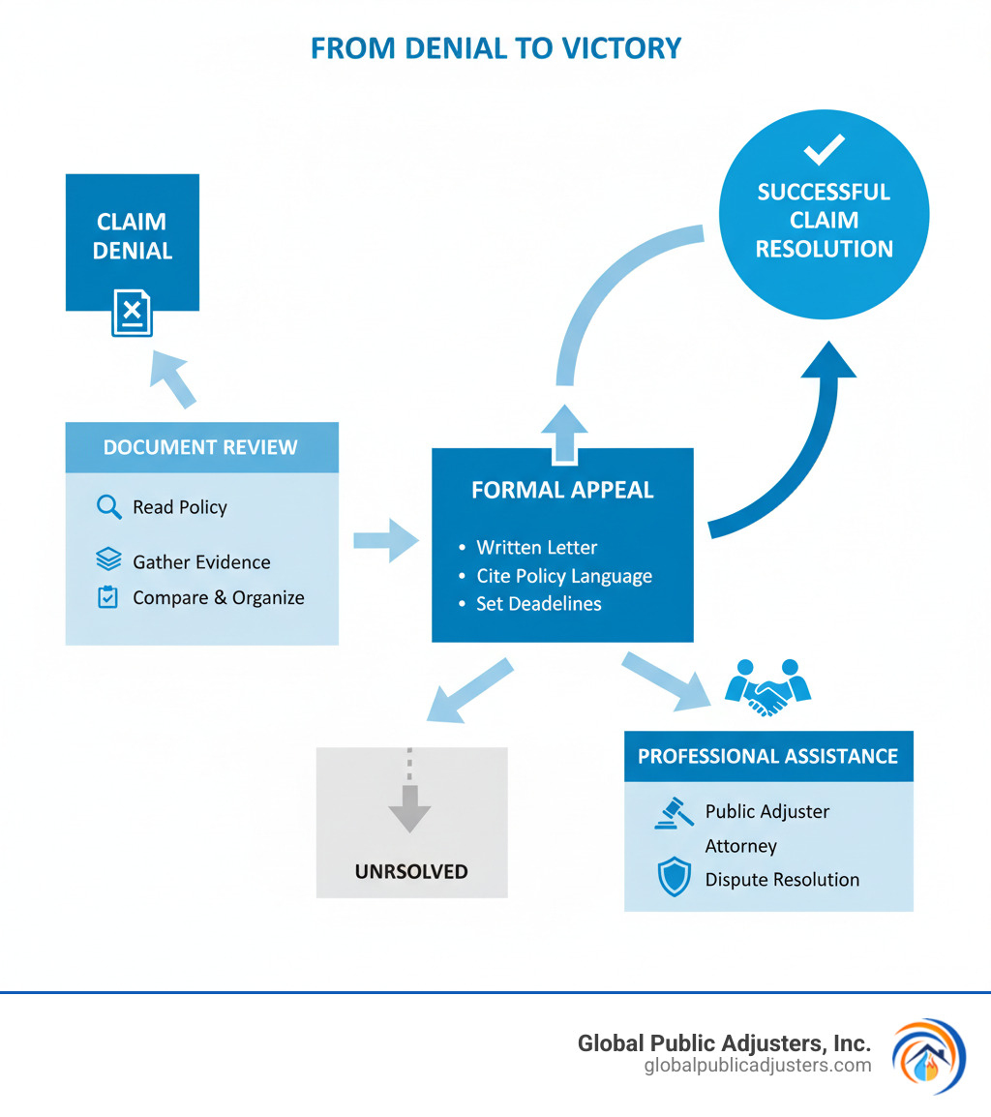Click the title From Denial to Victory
click(495, 48)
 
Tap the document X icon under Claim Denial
click(132, 312)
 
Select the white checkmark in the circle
click(824, 150)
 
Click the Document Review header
click(201, 447)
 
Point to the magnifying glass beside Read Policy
click(108, 506)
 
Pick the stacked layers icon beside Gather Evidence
click(108, 560)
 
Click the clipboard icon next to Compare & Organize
click(108, 597)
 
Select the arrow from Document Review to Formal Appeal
click(385, 539)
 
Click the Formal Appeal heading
click(562, 490)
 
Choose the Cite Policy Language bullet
click(563, 576)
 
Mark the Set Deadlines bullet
click(538, 603)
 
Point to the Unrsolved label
click(411, 871)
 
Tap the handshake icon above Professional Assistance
click(768, 688)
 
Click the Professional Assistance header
click(768, 756)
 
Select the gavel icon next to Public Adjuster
click(674, 812)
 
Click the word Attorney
click(740, 846)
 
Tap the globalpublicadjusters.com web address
click(757, 1066)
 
